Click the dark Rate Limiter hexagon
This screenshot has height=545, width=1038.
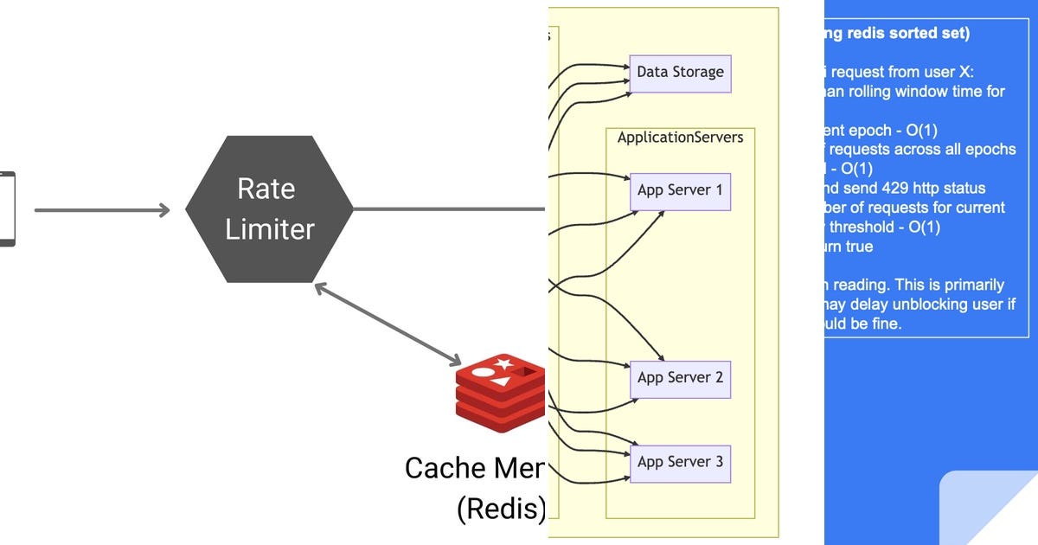(x=269, y=208)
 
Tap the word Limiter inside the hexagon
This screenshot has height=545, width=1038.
(x=269, y=229)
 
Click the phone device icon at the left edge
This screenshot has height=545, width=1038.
(x=7, y=208)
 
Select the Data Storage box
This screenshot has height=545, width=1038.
(x=680, y=73)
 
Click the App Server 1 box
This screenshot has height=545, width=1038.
(x=680, y=190)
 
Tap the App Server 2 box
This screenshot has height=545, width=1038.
(x=680, y=378)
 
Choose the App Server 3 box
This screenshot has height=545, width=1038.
(x=680, y=462)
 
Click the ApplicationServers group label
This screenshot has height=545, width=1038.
(x=680, y=138)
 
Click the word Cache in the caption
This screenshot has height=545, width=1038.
(x=445, y=468)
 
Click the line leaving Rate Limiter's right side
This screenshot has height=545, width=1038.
(x=450, y=208)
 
